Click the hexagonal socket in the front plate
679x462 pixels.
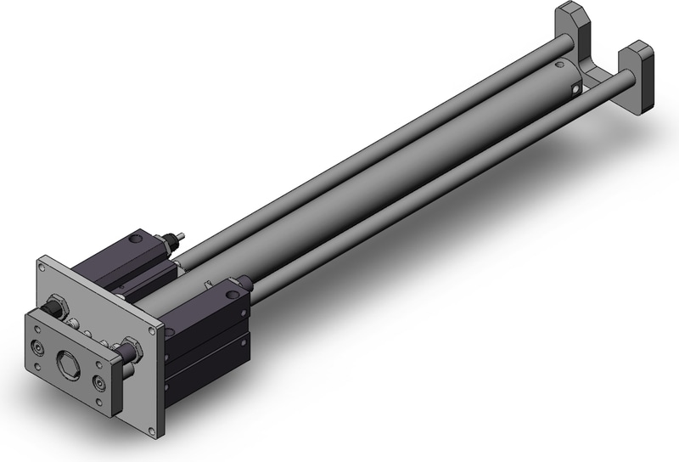[67, 363]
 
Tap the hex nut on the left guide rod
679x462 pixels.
[59, 305]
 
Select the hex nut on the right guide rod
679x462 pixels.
[130, 348]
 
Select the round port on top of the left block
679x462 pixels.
[135, 242]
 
